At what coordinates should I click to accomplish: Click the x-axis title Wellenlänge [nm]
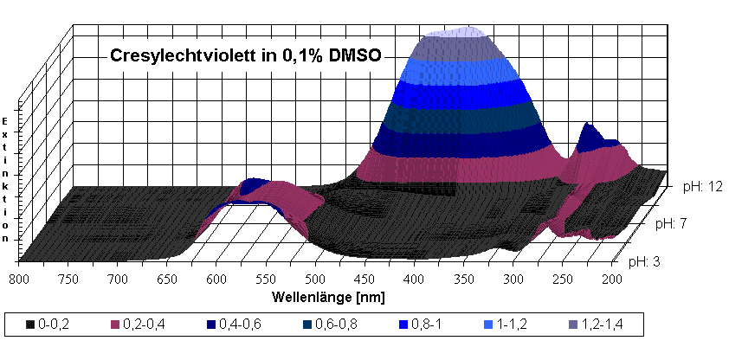coord(328,296)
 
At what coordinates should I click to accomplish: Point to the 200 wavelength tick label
coord(611,279)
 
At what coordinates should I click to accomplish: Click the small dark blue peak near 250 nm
coord(591,134)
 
